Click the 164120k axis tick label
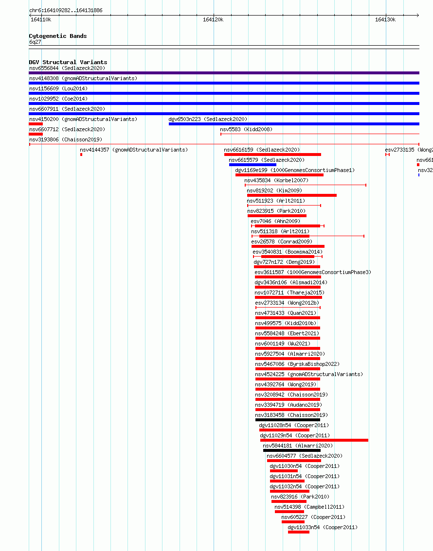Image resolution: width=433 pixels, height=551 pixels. [x=213, y=19]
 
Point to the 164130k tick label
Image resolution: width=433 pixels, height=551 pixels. [x=385, y=19]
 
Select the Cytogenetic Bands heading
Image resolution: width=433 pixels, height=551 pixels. [x=58, y=36]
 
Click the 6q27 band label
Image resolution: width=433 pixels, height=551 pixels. [x=35, y=42]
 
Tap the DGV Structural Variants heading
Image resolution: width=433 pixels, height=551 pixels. [x=68, y=62]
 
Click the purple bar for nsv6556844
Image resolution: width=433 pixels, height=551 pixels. [x=224, y=73]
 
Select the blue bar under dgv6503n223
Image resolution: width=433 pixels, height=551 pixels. [x=294, y=124]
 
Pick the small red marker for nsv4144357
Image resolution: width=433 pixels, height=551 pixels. [x=81, y=155]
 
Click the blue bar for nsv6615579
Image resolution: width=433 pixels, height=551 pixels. [x=253, y=165]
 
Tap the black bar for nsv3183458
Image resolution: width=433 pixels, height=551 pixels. [x=288, y=420]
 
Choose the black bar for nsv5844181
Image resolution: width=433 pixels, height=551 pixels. [x=292, y=450]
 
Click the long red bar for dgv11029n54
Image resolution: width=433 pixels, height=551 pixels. [x=314, y=440]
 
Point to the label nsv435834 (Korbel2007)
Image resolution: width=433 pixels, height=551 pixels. [x=276, y=181]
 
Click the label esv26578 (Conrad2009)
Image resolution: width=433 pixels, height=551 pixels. [x=282, y=242]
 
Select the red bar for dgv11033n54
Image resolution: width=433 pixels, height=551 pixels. [x=299, y=532]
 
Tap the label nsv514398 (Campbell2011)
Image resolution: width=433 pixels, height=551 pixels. [x=309, y=507]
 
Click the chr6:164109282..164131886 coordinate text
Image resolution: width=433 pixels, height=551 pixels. [x=66, y=11]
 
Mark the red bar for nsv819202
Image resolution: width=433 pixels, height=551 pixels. [x=292, y=195]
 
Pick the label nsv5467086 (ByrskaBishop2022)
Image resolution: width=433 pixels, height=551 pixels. [x=298, y=364]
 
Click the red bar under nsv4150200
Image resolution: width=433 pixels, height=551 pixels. [x=36, y=124]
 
